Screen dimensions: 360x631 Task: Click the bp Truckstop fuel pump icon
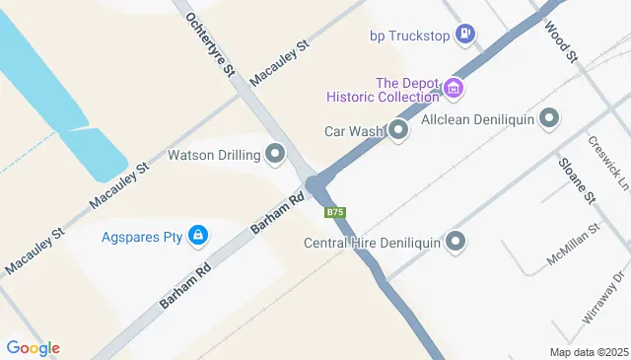tap(466, 36)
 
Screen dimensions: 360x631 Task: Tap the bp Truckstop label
tap(409, 36)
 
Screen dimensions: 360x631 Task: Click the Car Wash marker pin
tap(398, 130)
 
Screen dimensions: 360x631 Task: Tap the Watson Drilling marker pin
tap(275, 154)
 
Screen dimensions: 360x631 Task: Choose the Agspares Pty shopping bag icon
tap(198, 236)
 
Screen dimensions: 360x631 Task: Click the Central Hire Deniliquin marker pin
tap(456, 242)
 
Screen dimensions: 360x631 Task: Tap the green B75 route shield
tap(335, 212)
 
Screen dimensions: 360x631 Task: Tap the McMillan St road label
tap(574, 247)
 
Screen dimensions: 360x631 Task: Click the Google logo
tap(33, 347)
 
